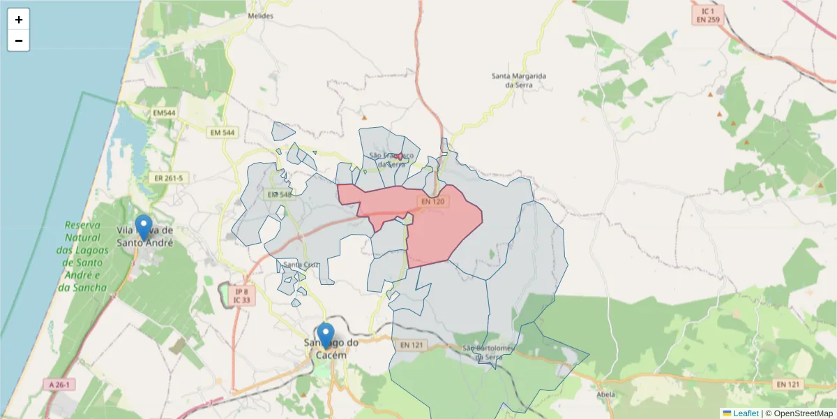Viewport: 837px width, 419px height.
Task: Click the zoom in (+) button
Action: tap(18, 20)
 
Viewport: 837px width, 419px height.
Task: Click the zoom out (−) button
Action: tap(18, 41)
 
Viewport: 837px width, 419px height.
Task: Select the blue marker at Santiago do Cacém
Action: tap(325, 336)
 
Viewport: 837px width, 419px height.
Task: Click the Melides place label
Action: tap(260, 15)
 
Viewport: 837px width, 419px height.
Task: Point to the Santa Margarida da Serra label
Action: tap(518, 80)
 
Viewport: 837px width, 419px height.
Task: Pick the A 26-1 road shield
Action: tap(61, 384)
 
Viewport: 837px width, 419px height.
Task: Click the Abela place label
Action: tap(605, 394)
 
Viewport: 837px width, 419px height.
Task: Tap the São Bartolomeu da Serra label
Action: tap(488, 353)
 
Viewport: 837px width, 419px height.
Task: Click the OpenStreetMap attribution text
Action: tap(799, 413)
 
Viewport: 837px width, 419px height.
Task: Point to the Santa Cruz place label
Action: tap(301, 265)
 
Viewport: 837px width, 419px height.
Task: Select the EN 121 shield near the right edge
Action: tap(789, 384)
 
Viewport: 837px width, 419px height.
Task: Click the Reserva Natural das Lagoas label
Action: tap(82, 256)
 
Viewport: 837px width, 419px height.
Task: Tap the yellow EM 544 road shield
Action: tap(223, 132)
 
